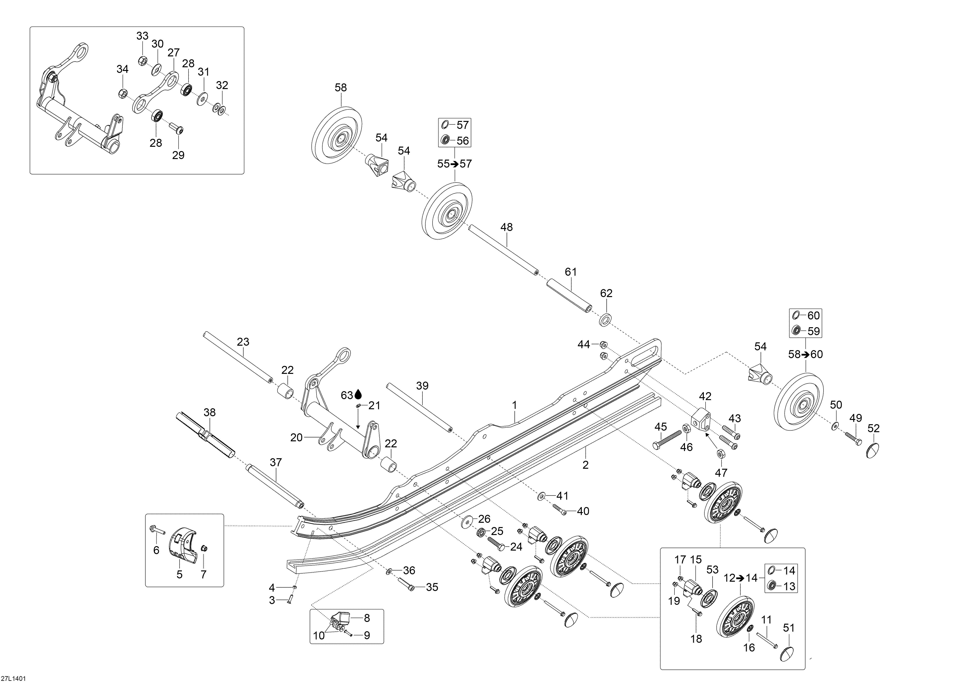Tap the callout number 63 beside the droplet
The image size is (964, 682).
[x=347, y=395]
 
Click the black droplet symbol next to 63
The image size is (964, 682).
[x=358, y=394]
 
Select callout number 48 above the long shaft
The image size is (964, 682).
[x=507, y=227]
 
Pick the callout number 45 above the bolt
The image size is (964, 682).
[x=660, y=427]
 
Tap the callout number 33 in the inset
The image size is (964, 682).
[x=142, y=36]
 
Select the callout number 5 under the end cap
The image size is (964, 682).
[x=180, y=574]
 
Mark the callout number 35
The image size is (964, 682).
[x=432, y=587]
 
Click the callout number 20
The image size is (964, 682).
[x=296, y=438]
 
